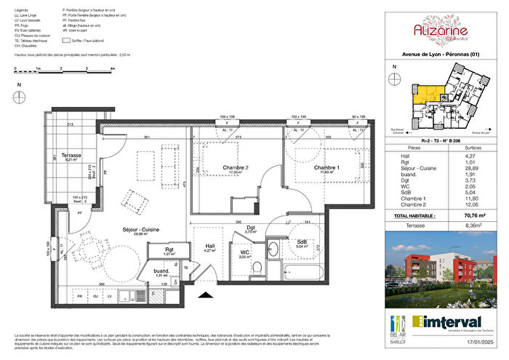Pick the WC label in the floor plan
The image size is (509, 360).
[x=245, y=252]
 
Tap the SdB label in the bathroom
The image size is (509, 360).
[x=300, y=241]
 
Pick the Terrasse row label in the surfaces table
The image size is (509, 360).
[x=406, y=225]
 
